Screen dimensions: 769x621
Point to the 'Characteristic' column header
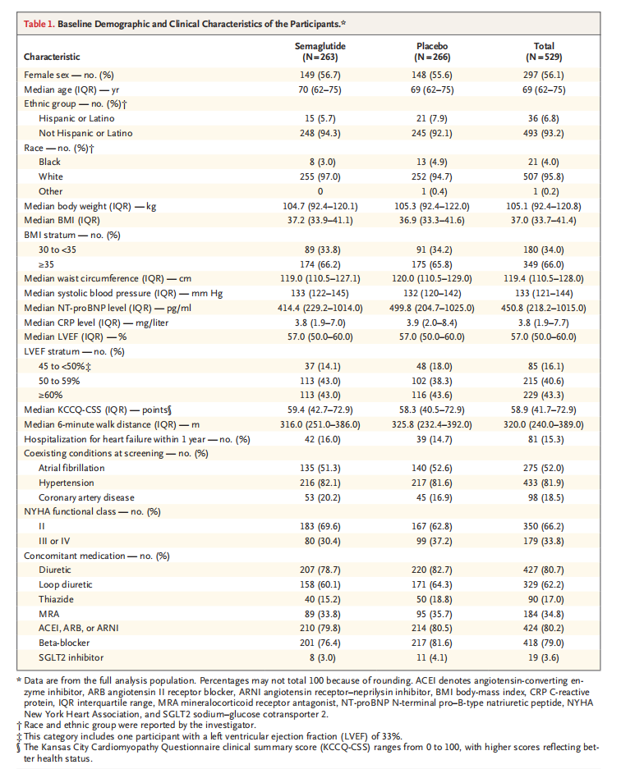coord(52,57)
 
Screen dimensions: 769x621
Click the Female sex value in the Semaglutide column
coord(317,74)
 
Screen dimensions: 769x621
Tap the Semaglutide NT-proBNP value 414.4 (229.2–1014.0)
coord(317,308)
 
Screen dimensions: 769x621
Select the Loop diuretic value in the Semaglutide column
coord(317,584)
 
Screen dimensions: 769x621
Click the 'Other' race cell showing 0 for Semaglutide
coord(317,191)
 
